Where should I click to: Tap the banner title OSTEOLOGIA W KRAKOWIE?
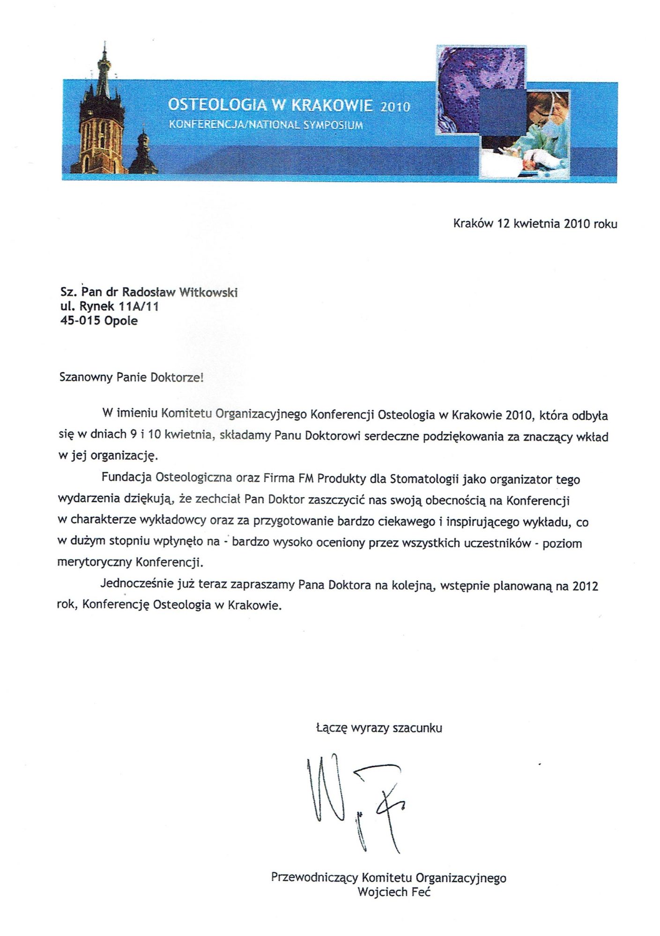(x=270, y=105)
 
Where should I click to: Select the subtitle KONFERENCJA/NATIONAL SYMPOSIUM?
(x=266, y=125)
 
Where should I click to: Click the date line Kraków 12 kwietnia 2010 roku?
(x=535, y=224)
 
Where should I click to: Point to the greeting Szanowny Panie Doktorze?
(x=131, y=377)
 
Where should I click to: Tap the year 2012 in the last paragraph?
(x=585, y=586)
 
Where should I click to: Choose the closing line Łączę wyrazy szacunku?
(x=378, y=728)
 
